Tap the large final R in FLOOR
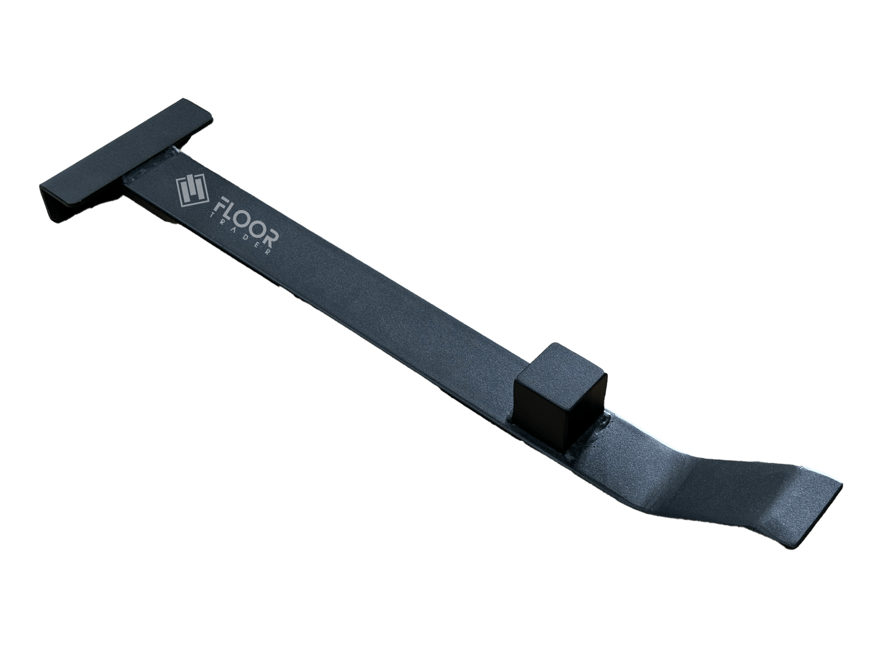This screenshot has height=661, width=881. [272, 238]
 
